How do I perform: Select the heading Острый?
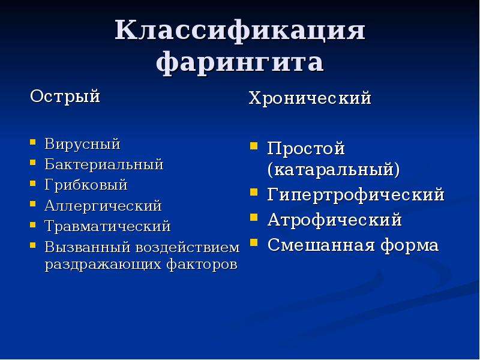(65, 97)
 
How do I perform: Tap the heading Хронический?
(310, 98)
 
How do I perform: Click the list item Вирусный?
(82, 145)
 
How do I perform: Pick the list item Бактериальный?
(104, 164)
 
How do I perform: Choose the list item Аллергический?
(103, 206)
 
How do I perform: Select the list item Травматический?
(108, 226)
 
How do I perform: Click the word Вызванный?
(88, 247)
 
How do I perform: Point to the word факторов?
(202, 264)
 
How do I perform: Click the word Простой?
(306, 149)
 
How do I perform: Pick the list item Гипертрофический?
(356, 195)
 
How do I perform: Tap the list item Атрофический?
(335, 220)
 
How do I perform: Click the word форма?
(410, 246)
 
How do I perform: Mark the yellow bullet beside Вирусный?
(33, 142)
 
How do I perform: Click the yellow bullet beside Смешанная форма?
(253, 243)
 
